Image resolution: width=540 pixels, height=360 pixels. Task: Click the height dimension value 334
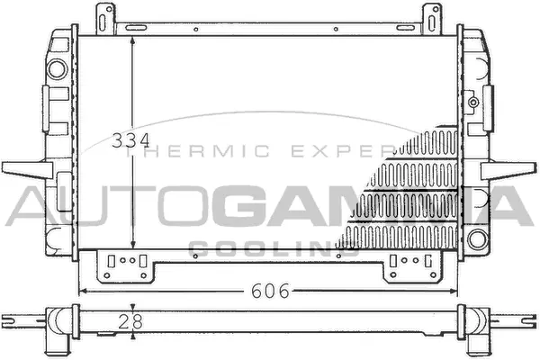click(130, 142)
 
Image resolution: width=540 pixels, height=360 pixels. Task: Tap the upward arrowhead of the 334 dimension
click(132, 41)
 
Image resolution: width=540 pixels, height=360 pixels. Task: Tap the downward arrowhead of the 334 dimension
click(132, 247)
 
